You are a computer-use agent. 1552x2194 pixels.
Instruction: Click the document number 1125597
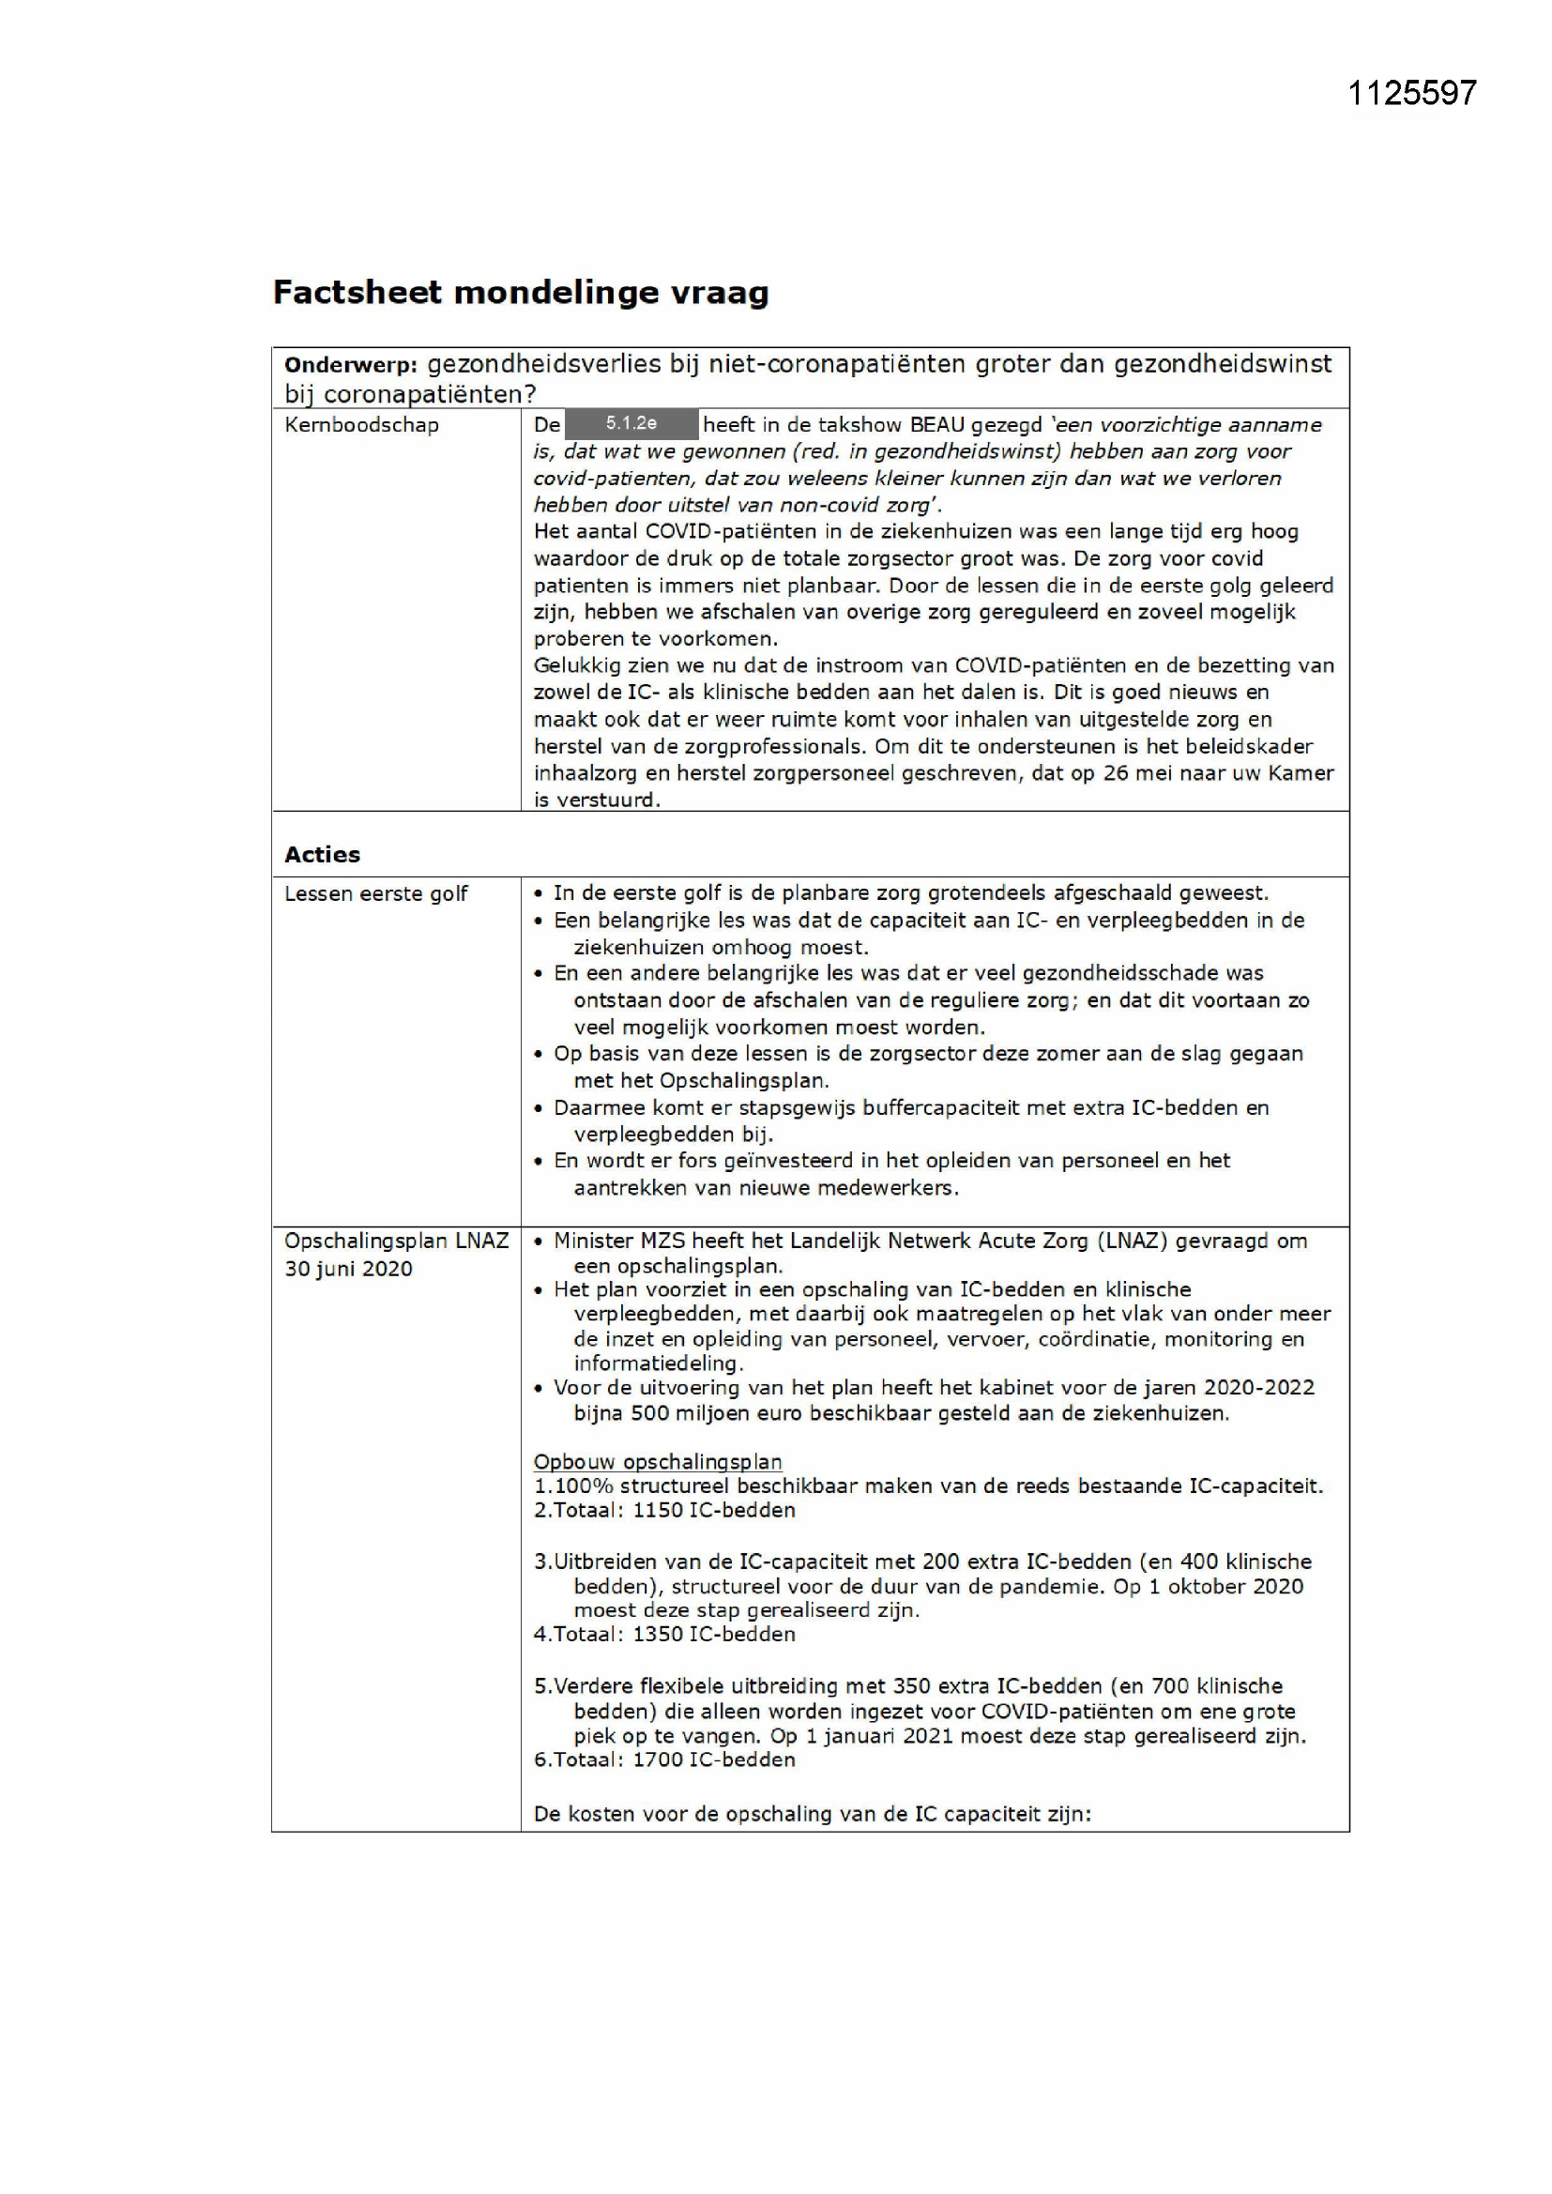[x=1411, y=93]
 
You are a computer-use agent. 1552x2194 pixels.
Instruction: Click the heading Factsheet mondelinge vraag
[x=521, y=293]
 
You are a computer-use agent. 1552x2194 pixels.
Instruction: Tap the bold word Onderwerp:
[x=351, y=365]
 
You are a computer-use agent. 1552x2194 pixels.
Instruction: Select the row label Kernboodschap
[x=361, y=425]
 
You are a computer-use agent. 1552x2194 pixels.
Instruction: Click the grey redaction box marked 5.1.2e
[x=631, y=423]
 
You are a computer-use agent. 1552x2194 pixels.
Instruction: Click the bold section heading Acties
[x=322, y=854]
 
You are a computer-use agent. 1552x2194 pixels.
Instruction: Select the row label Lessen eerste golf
[x=375, y=893]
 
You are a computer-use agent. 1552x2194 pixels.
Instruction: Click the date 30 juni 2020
[x=348, y=1269]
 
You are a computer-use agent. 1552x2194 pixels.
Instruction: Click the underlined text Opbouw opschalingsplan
[x=658, y=1462]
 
